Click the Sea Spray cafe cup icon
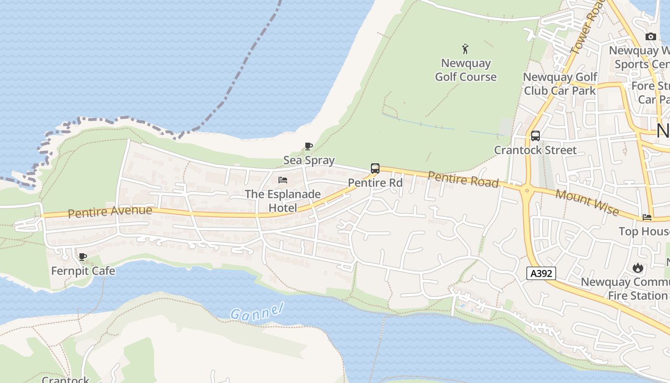click(309, 146)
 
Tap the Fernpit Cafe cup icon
click(83, 257)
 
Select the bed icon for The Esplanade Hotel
click(283, 180)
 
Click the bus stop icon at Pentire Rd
click(375, 169)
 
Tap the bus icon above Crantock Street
click(535, 136)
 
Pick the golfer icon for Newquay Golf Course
click(465, 48)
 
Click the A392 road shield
click(541, 273)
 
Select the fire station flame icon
click(637, 268)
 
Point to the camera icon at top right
click(650, 36)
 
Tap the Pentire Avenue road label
click(110, 211)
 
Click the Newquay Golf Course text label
click(466, 70)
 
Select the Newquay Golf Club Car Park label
click(560, 84)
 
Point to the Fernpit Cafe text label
click(83, 271)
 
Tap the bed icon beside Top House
click(647, 217)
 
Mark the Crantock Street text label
click(535, 150)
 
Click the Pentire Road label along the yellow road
click(463, 180)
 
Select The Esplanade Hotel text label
click(283, 201)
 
